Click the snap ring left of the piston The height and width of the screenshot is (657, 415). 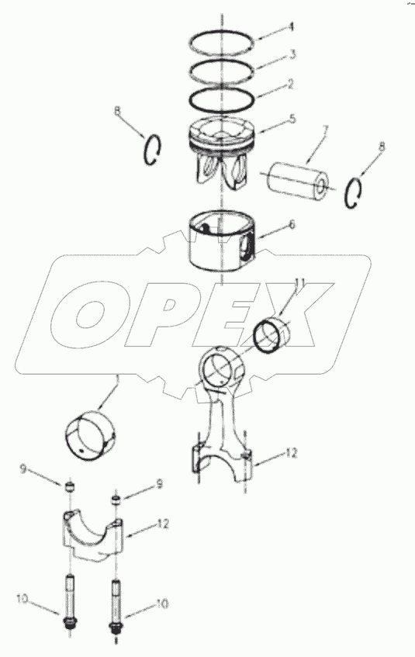coord(152,150)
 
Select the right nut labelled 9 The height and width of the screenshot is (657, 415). coord(116,499)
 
